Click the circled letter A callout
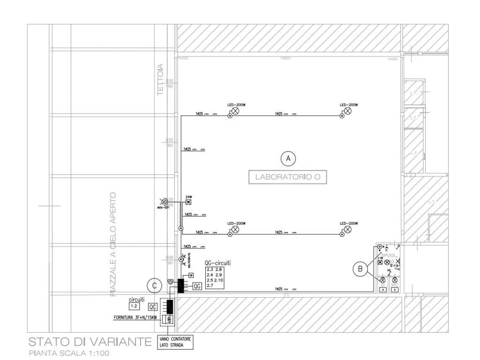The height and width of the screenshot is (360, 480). point(288,159)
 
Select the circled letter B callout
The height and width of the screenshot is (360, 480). point(360,269)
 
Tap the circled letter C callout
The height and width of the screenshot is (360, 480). point(152,284)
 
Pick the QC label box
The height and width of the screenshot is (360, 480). point(152,307)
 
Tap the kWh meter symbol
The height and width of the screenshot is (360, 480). point(168,320)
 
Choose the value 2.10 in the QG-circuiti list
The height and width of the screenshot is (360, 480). point(220,280)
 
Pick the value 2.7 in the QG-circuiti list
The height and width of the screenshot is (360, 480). point(210,285)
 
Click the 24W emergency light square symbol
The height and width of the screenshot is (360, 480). point(189,202)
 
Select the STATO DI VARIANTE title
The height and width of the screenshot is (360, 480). point(90,341)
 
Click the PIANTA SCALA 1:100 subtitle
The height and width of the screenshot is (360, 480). point(69,353)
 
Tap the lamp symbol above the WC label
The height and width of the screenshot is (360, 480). point(395,279)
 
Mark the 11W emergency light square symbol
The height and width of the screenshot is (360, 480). point(380,262)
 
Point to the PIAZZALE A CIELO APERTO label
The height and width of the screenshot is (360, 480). point(112,244)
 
